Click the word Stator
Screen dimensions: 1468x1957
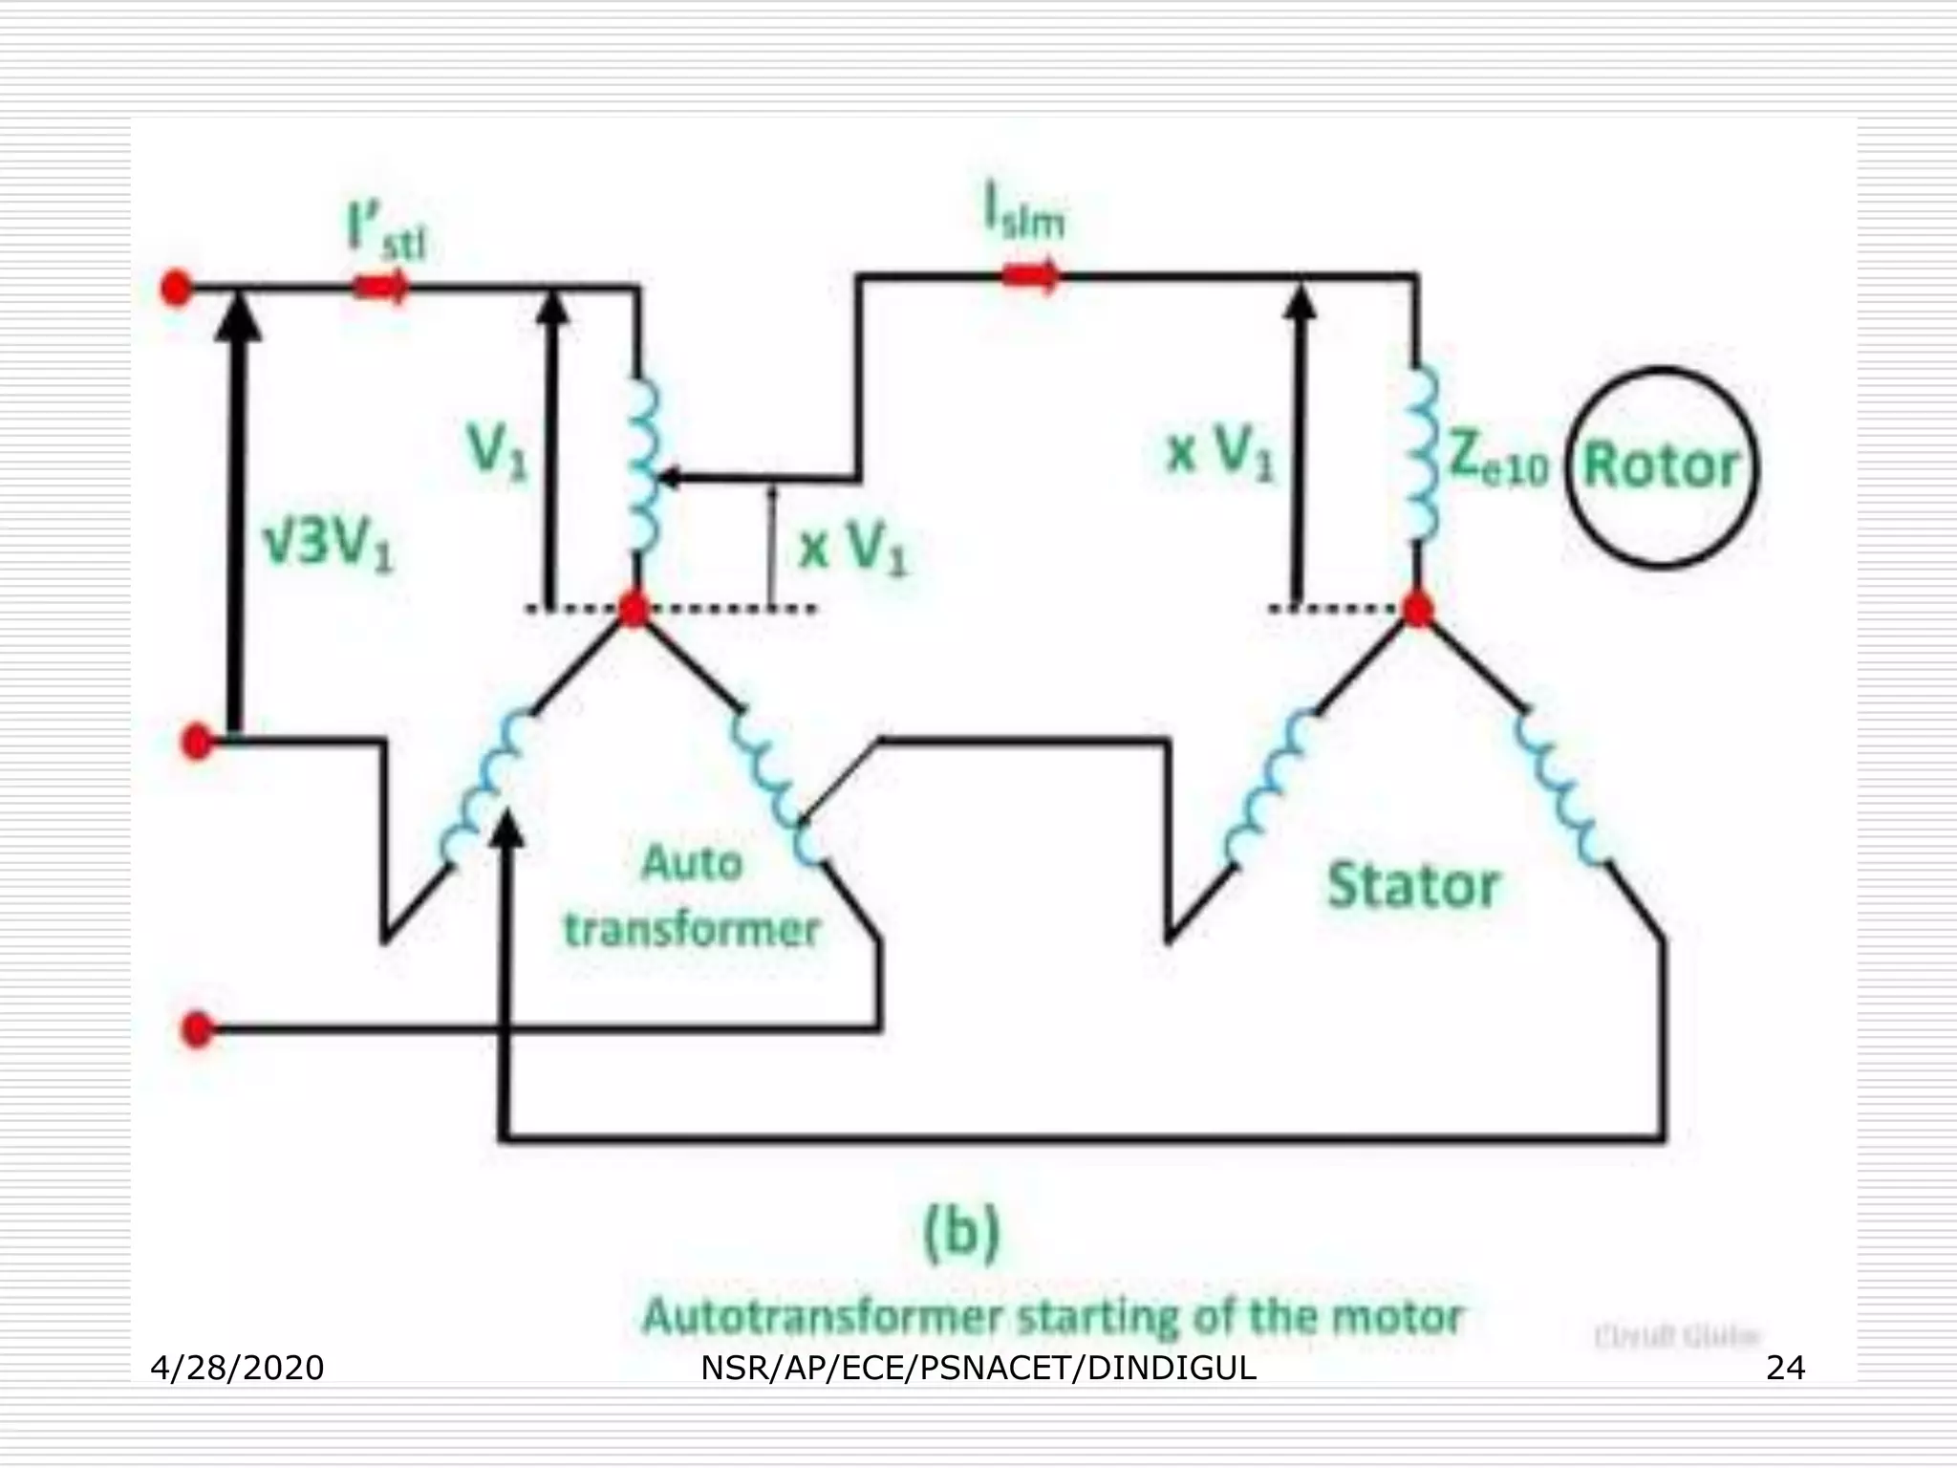tap(1412, 885)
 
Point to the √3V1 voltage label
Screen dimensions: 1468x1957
tap(328, 545)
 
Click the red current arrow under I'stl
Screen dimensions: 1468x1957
tap(381, 286)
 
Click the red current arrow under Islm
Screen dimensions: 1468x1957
tap(1030, 277)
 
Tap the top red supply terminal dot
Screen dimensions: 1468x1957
tap(175, 287)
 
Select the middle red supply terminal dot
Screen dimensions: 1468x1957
tap(197, 742)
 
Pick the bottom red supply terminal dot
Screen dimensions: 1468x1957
tap(197, 1029)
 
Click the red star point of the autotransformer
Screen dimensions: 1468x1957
tap(633, 609)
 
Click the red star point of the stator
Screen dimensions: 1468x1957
tap(1417, 609)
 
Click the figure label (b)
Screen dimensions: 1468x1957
tap(962, 1232)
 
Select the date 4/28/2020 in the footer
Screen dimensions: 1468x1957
tap(237, 1369)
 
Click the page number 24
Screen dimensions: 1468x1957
tap(1785, 1369)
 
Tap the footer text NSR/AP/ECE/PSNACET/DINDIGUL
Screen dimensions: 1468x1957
tap(978, 1369)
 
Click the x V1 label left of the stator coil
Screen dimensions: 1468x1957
tap(1220, 453)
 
